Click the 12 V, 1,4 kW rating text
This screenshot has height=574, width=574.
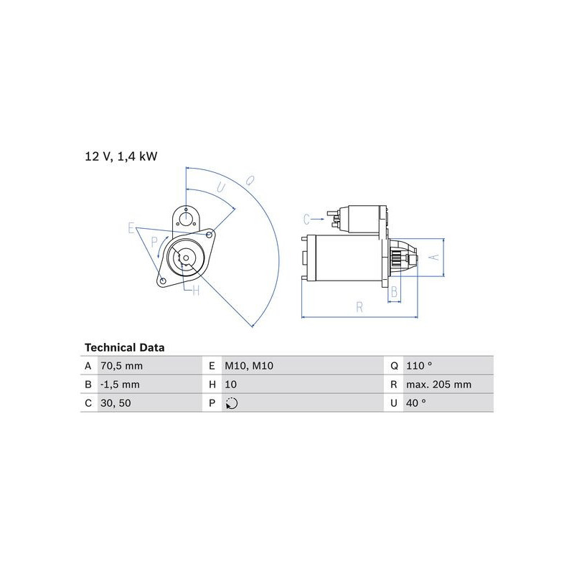[x=121, y=156]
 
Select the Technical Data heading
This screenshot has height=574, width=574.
[x=124, y=347]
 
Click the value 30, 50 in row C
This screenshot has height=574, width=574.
[x=116, y=403]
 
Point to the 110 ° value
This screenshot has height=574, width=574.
[x=419, y=366]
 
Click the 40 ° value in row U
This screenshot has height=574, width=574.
[x=416, y=403]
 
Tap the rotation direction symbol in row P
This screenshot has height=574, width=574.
[x=232, y=403]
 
